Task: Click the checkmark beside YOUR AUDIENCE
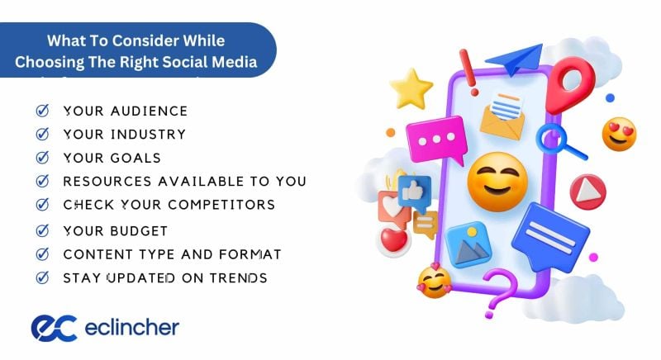pyautogui.click(x=42, y=111)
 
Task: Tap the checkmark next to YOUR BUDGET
pyautogui.click(x=42, y=230)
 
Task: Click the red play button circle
pyautogui.click(x=587, y=192)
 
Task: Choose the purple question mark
pyautogui.click(x=500, y=289)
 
